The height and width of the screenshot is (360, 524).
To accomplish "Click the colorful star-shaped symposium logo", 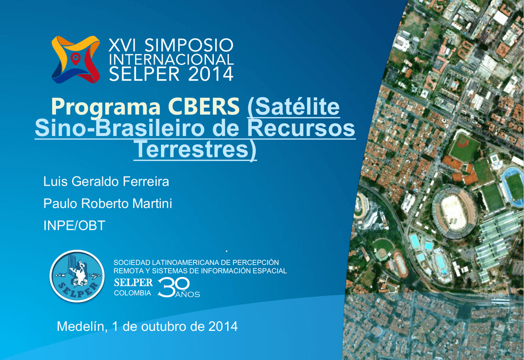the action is click(x=76, y=59).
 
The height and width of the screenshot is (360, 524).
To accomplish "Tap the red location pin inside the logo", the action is click(x=76, y=59).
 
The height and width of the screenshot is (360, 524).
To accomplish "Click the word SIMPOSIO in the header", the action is click(x=189, y=45).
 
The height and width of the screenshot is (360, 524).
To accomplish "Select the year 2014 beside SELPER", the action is click(x=210, y=74).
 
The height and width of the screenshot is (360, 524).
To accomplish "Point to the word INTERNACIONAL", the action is click(x=171, y=59).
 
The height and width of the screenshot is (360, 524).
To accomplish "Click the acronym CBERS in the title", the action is click(x=204, y=106).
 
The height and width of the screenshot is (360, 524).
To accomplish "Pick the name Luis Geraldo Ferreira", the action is click(x=106, y=182).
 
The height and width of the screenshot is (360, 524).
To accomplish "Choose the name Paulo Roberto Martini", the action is click(x=107, y=204).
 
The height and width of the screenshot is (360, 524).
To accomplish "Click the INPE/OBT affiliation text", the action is click(x=74, y=226).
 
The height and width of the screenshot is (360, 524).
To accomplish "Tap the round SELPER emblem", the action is click(x=77, y=276).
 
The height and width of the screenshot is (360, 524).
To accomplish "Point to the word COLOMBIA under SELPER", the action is click(x=133, y=293).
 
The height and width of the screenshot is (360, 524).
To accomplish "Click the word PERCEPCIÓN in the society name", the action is click(x=256, y=262).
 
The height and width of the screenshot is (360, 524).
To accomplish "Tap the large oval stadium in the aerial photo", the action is click(x=454, y=211).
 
